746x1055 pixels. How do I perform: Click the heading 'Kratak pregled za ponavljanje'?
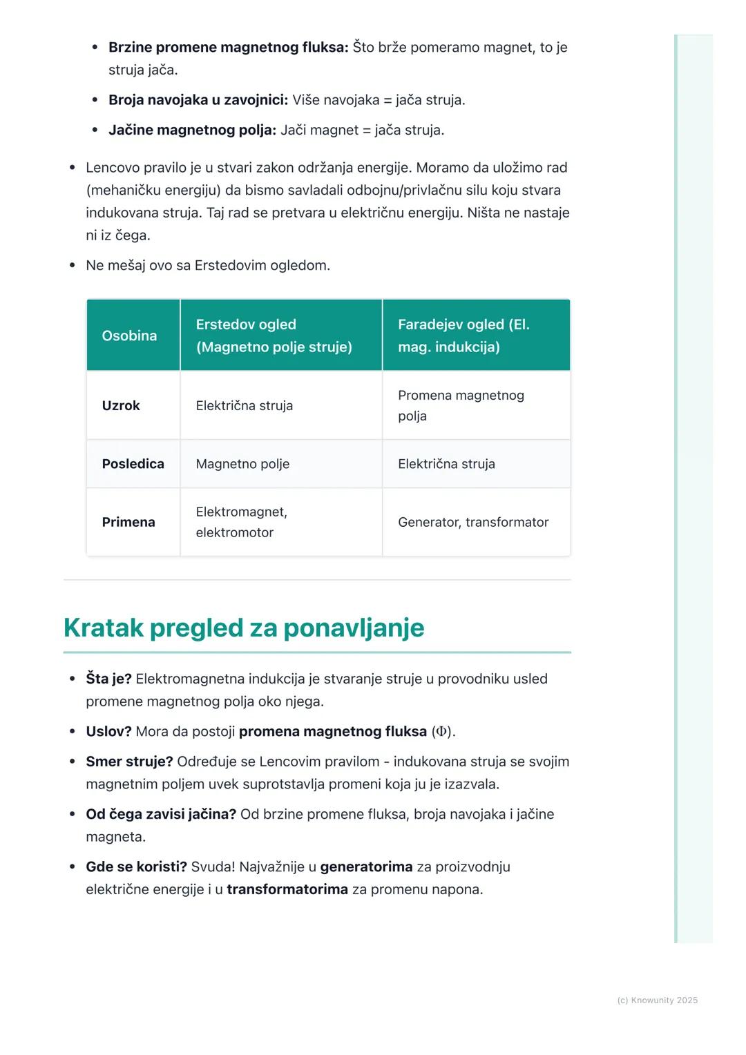pyautogui.click(x=244, y=628)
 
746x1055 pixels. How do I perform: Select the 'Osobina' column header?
pyautogui.click(x=129, y=336)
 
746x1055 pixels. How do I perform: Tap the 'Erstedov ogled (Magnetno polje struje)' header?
pyautogui.click(x=274, y=336)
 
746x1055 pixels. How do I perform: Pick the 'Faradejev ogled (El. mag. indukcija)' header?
pyautogui.click(x=463, y=336)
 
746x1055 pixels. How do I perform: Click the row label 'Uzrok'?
pyautogui.click(x=121, y=405)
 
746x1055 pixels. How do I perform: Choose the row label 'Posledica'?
pyautogui.click(x=133, y=464)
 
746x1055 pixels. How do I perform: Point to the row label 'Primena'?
pyautogui.click(x=128, y=522)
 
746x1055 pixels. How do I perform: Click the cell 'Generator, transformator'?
pyautogui.click(x=473, y=522)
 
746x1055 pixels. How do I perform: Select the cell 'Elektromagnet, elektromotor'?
pyautogui.click(x=241, y=522)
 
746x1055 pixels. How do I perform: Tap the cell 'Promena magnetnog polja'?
pyautogui.click(x=461, y=405)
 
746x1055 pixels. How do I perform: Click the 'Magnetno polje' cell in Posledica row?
pyautogui.click(x=242, y=464)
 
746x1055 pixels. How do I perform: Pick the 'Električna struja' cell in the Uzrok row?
pyautogui.click(x=244, y=405)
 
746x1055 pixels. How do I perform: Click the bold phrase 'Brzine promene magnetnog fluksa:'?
pyautogui.click(x=228, y=47)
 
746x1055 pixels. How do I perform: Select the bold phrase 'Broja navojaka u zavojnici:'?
pyautogui.click(x=198, y=99)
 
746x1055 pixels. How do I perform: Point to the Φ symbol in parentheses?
pyautogui.click(x=441, y=731)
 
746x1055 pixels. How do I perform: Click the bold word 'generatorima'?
pyautogui.click(x=366, y=867)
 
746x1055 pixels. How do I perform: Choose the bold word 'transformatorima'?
pyautogui.click(x=287, y=889)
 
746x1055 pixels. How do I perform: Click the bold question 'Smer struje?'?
pyautogui.click(x=129, y=762)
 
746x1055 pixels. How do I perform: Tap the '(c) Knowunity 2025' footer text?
pyautogui.click(x=657, y=1000)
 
